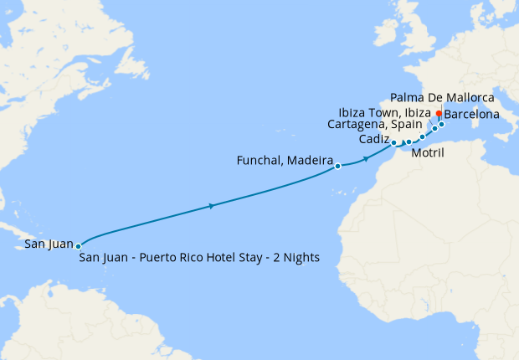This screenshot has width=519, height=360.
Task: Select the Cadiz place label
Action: click(x=374, y=140)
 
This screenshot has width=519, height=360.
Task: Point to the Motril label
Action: click(x=428, y=153)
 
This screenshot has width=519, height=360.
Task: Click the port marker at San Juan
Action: click(x=78, y=246)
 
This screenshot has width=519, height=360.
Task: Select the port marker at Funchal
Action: click(x=337, y=166)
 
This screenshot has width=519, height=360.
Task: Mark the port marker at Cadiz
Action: click(x=393, y=143)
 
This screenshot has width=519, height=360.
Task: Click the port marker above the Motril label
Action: click(x=409, y=141)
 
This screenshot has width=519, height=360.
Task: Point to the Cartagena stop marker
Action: click(x=422, y=136)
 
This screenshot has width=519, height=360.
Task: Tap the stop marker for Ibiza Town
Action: click(x=434, y=128)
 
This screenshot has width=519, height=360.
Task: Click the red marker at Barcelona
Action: click(x=439, y=113)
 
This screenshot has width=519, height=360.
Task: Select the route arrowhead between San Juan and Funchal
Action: click(x=210, y=206)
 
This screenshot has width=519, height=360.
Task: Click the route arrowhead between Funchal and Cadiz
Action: click(x=367, y=158)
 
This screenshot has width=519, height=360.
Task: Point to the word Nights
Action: click(x=301, y=257)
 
